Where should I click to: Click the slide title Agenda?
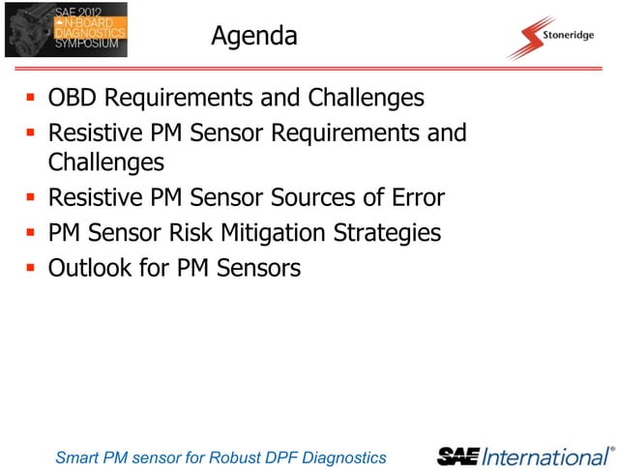click(x=253, y=37)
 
